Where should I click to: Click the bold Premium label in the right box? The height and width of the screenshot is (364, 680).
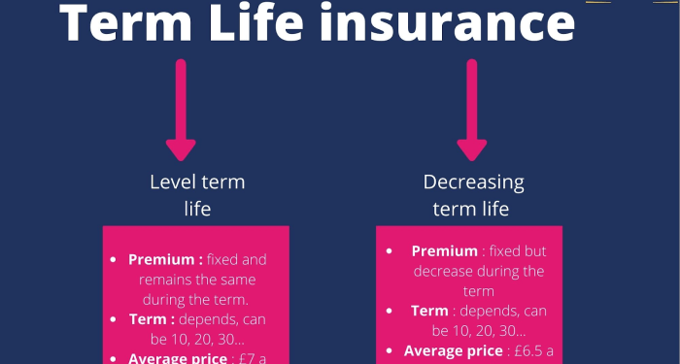(445, 251)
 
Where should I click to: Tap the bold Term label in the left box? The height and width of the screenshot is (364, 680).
(152, 319)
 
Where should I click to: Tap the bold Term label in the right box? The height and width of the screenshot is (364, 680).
(429, 311)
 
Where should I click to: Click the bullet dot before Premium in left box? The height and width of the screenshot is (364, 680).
(116, 260)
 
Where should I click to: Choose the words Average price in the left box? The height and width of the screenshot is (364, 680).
(175, 358)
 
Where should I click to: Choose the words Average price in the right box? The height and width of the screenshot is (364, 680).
(452, 351)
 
